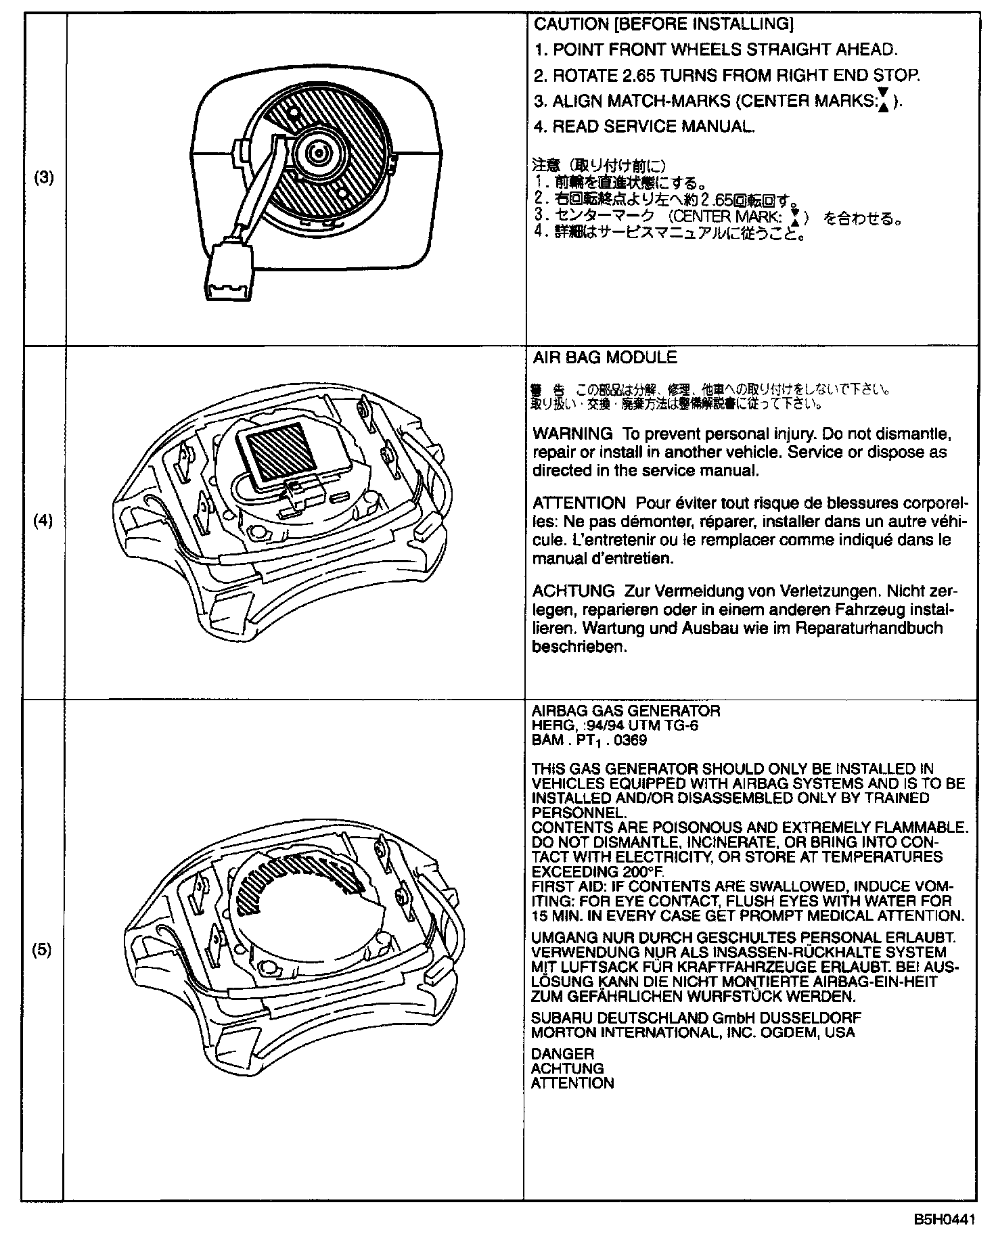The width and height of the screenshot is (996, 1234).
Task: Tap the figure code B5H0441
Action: coord(945,1220)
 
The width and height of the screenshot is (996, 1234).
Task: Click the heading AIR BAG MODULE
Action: coord(605,357)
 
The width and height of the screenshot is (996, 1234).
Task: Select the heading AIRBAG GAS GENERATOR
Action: coord(626,711)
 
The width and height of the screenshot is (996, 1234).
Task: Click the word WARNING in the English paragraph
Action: coord(572,433)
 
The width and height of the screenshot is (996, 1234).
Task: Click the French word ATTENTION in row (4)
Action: coord(579,503)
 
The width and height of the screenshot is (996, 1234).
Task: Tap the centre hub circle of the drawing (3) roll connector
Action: coord(316,154)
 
